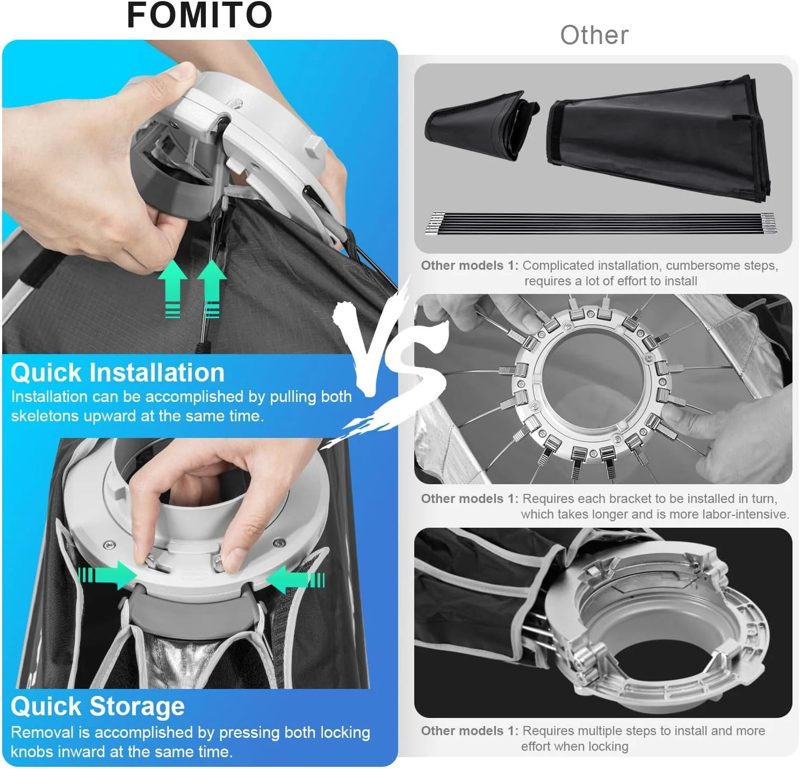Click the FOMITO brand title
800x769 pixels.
[199, 16]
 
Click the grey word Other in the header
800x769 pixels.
[594, 35]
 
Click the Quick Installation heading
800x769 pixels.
[118, 372]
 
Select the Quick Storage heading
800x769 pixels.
[98, 706]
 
